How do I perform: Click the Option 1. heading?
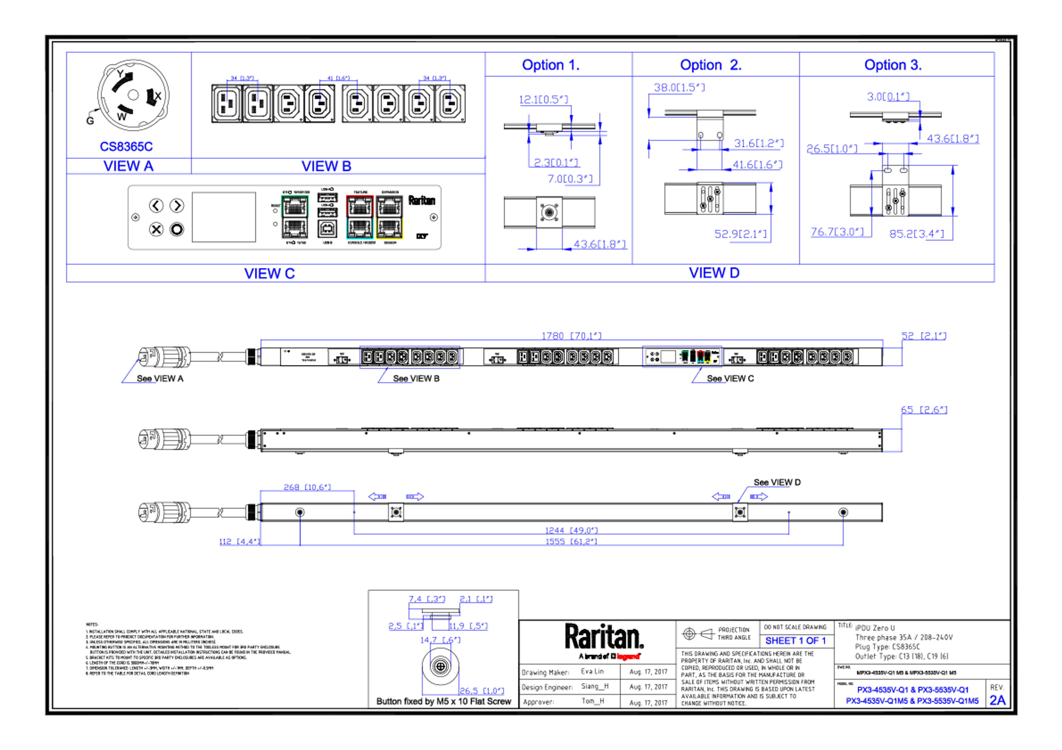(x=550, y=65)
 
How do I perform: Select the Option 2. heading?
(x=710, y=65)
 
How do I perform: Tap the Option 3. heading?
(x=893, y=65)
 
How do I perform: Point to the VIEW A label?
(x=129, y=166)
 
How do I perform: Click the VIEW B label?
(x=327, y=166)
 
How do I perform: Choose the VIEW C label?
(x=270, y=273)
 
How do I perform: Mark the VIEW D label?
(x=714, y=273)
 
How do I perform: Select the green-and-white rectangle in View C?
(x=295, y=217)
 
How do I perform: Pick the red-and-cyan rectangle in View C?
(x=360, y=217)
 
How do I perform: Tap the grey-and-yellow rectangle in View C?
(x=389, y=217)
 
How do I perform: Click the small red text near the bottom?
(x=628, y=656)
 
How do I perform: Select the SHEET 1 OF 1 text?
(x=795, y=641)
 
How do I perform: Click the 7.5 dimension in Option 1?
(x=569, y=179)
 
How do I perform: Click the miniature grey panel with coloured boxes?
(x=682, y=357)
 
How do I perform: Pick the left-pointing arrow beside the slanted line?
(x=721, y=496)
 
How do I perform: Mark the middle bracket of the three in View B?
(x=339, y=88)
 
